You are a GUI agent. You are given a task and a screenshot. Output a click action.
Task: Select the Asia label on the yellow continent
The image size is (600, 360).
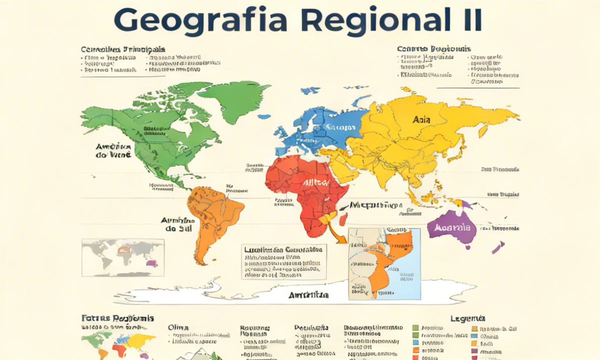(x=422, y=120)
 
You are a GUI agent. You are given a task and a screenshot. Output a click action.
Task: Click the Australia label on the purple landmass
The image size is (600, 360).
(x=453, y=227)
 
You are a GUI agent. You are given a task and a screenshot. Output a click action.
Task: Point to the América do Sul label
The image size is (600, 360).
(x=178, y=224)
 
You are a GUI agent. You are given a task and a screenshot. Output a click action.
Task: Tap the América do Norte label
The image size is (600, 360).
(x=113, y=151)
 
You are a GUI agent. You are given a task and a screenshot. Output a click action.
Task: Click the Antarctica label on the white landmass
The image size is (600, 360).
(x=308, y=295)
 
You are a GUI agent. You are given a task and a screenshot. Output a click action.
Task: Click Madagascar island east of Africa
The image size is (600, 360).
(x=343, y=219)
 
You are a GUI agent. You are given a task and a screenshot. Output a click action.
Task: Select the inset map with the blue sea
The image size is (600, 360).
(x=384, y=263)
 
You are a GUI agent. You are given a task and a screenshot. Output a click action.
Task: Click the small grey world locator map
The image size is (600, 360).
(x=123, y=257)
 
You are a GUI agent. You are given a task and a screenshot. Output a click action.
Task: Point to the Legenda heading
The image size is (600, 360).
(x=467, y=318)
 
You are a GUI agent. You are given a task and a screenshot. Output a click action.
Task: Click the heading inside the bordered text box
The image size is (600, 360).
(x=282, y=249)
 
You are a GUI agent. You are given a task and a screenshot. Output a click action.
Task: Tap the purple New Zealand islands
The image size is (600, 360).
(x=498, y=247)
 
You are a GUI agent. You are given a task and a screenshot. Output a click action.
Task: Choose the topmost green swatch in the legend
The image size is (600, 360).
(x=415, y=328)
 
